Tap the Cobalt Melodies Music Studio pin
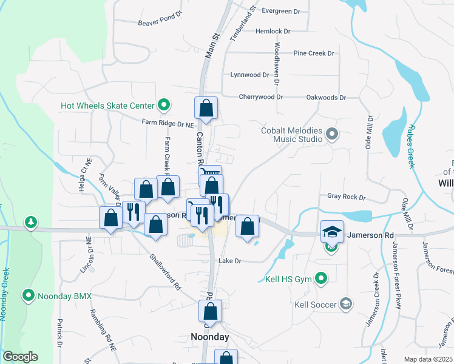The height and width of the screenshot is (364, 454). (x=331, y=133)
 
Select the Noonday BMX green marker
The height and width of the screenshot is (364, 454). (x=28, y=296)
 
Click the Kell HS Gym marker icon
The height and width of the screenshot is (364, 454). (x=322, y=280)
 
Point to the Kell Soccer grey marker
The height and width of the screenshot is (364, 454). (x=346, y=304)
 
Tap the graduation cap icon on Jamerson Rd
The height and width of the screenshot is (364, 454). (x=332, y=232)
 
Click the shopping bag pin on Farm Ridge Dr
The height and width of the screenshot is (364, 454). (x=206, y=109)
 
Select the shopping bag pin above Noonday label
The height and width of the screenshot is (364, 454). (x=210, y=312)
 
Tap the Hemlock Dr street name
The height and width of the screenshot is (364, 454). (x=273, y=31)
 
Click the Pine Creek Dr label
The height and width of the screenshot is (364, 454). (x=314, y=53)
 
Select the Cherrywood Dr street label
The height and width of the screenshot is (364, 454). (x=261, y=97)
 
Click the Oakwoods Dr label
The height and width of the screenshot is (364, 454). (x=326, y=97)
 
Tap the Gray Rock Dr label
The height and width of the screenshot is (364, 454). (x=347, y=197)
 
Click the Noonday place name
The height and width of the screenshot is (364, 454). (x=210, y=337)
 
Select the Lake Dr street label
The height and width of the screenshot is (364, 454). (x=230, y=261)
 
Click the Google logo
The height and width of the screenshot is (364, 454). (x=20, y=357)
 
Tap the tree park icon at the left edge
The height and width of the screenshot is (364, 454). (x=30, y=223)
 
